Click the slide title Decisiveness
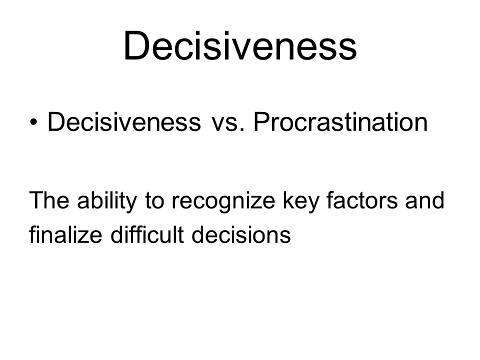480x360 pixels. [240, 45]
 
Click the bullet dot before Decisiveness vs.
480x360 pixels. [33, 122]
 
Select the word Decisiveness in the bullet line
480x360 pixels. [124, 122]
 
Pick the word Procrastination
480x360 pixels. [340, 122]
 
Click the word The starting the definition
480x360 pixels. [49, 200]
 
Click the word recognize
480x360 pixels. [223, 202]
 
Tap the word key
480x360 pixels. [301, 202]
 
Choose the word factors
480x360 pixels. [362, 200]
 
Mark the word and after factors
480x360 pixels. [424, 200]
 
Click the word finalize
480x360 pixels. [65, 234]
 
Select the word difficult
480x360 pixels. [147, 234]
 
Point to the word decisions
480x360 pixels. [241, 234]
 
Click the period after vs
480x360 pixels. [242, 130]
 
